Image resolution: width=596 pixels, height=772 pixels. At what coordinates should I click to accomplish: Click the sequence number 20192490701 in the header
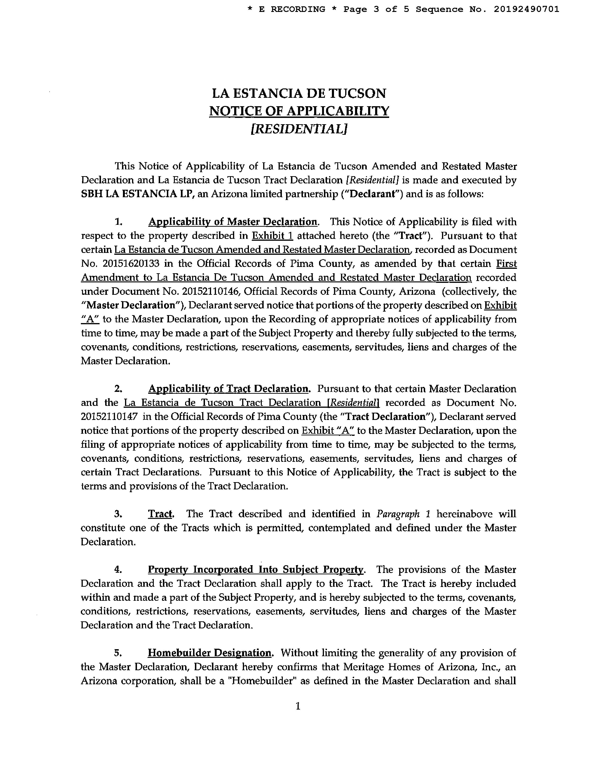526,9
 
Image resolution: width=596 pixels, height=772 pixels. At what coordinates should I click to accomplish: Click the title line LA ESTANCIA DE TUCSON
299,93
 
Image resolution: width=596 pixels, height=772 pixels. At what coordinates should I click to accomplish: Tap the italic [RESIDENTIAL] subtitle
299,129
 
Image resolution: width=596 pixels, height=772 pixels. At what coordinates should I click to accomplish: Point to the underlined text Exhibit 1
272,236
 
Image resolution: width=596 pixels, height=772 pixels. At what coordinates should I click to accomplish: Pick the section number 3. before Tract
118,513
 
